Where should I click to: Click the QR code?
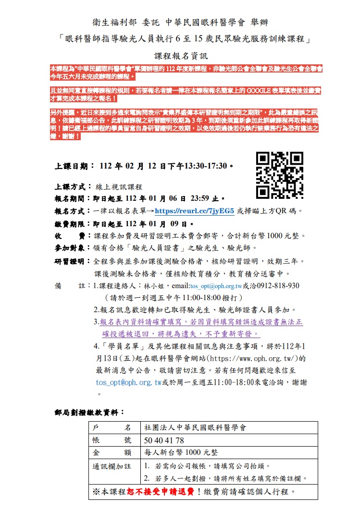point(279,175)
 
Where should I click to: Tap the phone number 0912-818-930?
point(277,286)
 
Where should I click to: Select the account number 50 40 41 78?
point(164,440)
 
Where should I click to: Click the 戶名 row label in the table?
point(112,427)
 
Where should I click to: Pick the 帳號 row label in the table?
point(112,440)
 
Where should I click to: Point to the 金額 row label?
point(112,452)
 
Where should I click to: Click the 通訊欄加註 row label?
point(112,466)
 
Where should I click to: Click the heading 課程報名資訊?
point(180,56)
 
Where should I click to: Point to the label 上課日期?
point(71,167)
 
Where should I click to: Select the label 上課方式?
point(71,187)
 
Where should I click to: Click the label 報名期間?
point(71,198)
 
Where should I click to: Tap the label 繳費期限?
point(71,223)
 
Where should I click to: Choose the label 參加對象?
point(71,248)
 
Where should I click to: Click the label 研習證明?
point(71,261)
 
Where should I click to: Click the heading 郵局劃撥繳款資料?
point(89,412)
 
